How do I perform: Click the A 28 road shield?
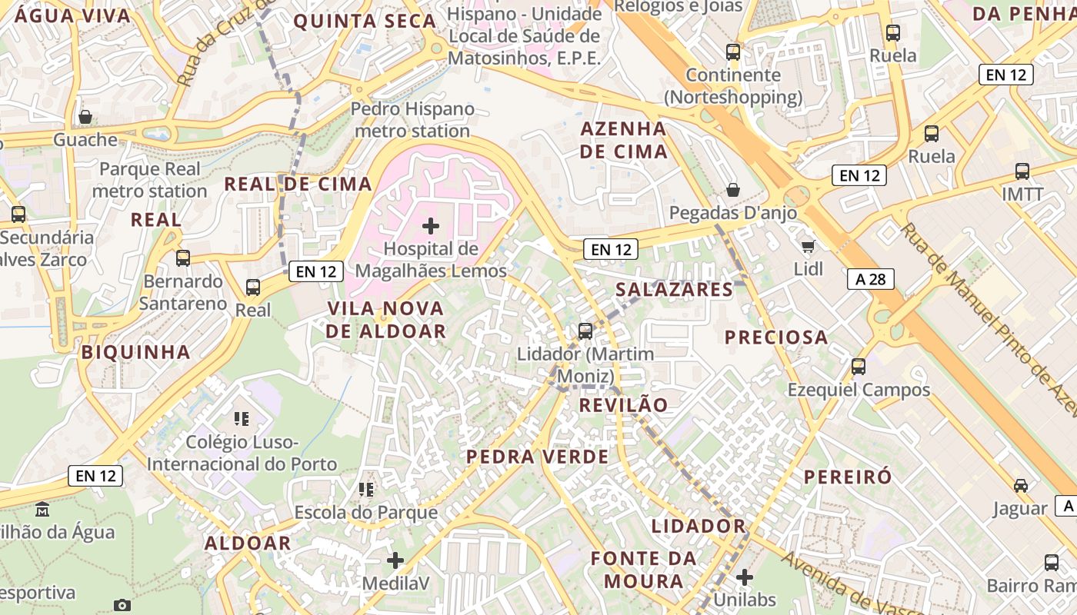click(x=871, y=279)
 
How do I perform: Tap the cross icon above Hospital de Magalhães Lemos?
click(x=431, y=226)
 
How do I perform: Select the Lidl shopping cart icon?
click(x=808, y=246)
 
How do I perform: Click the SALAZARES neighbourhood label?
click(x=675, y=290)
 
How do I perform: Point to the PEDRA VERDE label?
click(x=537, y=457)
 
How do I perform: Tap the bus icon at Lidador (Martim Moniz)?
click(x=585, y=331)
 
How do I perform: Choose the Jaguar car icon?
click(x=1020, y=486)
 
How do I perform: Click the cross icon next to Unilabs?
click(x=744, y=577)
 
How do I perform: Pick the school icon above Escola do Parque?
click(x=366, y=490)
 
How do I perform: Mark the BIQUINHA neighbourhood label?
click(x=135, y=352)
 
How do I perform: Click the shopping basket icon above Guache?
click(x=85, y=118)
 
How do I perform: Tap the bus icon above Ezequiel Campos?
click(x=859, y=367)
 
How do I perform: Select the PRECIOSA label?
click(x=776, y=337)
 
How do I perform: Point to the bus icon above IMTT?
click(x=1022, y=171)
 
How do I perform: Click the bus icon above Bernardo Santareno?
click(x=183, y=258)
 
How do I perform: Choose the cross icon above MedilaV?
click(x=395, y=560)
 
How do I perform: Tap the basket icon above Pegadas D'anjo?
click(x=733, y=190)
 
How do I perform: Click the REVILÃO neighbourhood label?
click(x=623, y=405)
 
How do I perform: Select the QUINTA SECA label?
click(x=365, y=22)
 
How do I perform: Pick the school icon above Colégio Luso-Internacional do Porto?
click(x=242, y=419)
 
